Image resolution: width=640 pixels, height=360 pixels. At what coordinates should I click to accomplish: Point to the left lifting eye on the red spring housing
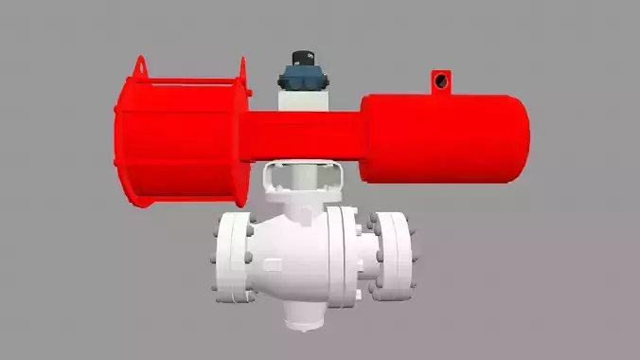(x=140, y=67)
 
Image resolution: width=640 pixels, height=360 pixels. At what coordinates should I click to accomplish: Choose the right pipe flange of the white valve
(x=393, y=256)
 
